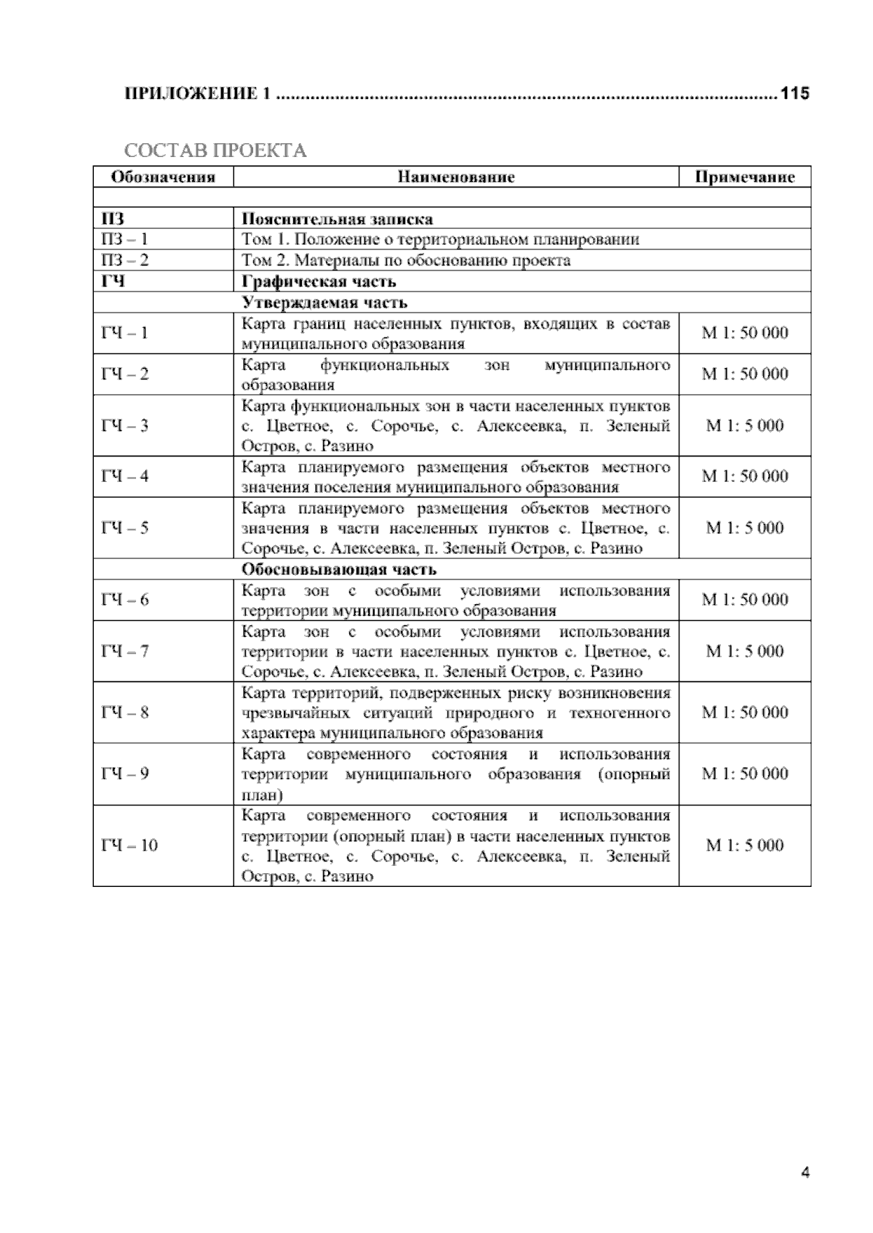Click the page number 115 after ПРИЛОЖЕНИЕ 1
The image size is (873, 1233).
794,93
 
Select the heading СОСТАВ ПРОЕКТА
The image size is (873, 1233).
215,150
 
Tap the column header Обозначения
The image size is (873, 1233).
163,177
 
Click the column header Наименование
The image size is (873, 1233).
456,177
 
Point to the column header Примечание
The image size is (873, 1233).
744,177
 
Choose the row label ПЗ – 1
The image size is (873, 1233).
124,239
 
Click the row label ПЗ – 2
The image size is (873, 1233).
124,260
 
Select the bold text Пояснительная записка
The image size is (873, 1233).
337,219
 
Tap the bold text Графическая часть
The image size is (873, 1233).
319,281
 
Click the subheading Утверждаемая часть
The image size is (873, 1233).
324,302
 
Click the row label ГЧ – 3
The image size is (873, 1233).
124,426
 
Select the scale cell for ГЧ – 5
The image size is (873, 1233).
744,528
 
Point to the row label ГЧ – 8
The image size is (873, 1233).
124,712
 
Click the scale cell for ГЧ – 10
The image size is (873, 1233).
744,846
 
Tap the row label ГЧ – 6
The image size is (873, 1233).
124,600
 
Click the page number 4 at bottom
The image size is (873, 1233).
805,1172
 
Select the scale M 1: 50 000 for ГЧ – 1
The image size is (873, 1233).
744,333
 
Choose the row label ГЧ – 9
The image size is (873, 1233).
124,774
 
